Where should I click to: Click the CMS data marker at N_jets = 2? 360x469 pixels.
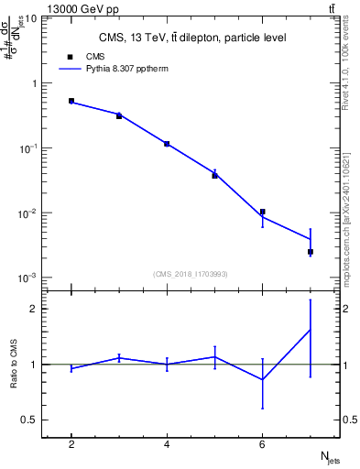click(x=71, y=101)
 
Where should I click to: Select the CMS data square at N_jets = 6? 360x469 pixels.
click(x=262, y=212)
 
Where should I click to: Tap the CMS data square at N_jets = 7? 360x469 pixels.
click(x=311, y=251)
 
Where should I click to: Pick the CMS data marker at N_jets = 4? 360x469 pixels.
click(x=167, y=144)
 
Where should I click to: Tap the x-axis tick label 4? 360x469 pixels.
click(x=167, y=444)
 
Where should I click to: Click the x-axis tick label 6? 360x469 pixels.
click(x=262, y=444)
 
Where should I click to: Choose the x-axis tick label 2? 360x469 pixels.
click(x=71, y=444)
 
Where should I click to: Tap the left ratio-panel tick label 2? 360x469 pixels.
click(x=34, y=309)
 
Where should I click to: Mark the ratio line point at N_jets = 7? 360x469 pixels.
click(x=311, y=330)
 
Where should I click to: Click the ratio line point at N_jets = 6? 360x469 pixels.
click(x=262, y=379)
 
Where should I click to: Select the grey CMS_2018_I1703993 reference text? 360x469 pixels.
click(x=191, y=273)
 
